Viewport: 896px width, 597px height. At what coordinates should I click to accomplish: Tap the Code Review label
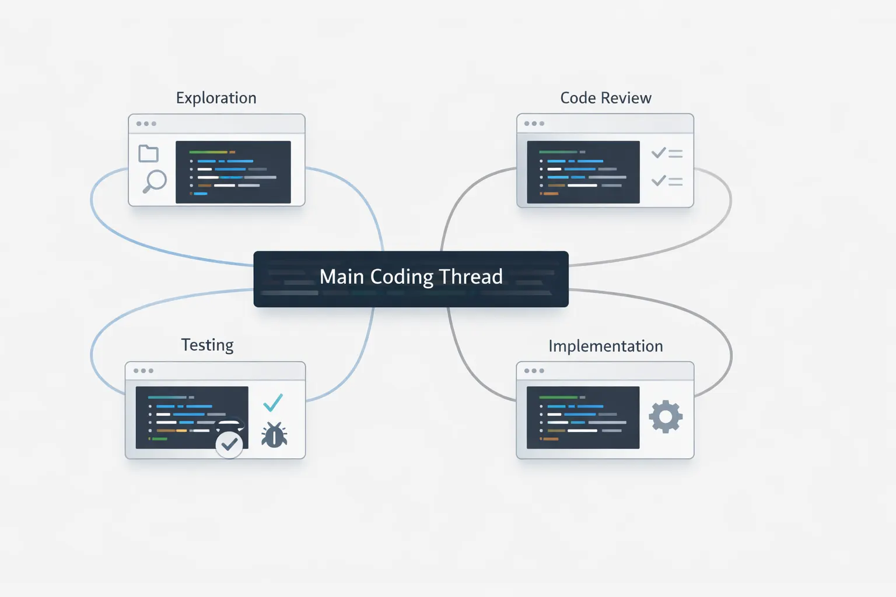[x=605, y=98]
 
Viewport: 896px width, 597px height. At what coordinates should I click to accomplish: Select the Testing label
[x=207, y=345]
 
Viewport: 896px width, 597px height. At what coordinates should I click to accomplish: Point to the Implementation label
[x=605, y=346]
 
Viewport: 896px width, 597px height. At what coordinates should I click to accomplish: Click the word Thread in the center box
[x=470, y=277]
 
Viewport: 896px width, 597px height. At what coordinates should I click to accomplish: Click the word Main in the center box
[x=342, y=277]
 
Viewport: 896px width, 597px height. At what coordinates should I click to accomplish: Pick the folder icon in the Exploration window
[x=148, y=153]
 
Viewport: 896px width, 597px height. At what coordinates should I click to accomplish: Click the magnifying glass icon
[x=155, y=181]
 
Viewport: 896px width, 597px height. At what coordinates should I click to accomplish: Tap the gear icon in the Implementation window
[x=666, y=417]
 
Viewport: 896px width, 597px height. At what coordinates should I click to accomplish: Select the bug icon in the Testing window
[x=274, y=435]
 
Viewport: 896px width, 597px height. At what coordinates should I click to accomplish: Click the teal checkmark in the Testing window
[x=273, y=402]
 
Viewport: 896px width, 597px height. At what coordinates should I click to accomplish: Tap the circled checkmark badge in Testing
[x=229, y=444]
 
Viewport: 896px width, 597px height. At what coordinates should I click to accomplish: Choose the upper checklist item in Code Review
[x=667, y=153]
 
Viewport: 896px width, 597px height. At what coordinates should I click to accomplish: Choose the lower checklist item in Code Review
[x=667, y=181]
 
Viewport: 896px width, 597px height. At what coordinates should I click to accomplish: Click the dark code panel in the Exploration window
[x=233, y=172]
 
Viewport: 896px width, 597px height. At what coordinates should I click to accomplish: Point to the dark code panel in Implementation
[x=583, y=417]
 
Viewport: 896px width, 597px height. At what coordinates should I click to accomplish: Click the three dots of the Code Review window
[x=534, y=124]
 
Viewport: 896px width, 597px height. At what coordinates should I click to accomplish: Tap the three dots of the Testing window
[x=143, y=371]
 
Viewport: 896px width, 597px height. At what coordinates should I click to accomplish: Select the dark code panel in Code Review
[x=583, y=172]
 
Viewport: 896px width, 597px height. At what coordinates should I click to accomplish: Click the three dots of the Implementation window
[x=534, y=371]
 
